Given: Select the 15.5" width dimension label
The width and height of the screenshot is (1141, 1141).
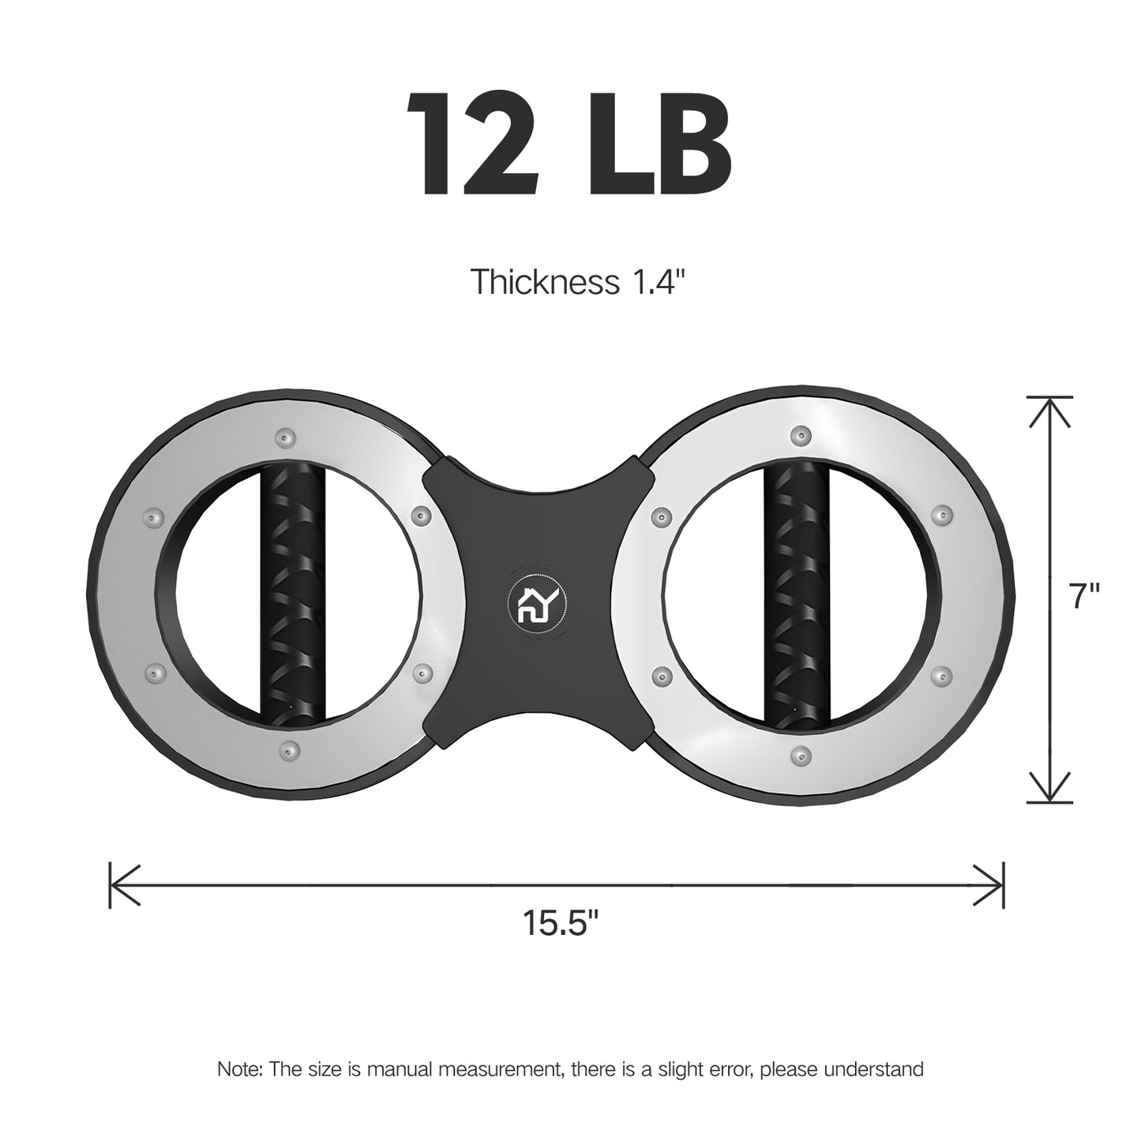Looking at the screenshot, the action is pos(561,923).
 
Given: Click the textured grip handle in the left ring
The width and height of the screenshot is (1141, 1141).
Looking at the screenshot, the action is pos(292,593).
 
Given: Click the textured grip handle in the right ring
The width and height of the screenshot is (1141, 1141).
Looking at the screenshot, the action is pos(797,595).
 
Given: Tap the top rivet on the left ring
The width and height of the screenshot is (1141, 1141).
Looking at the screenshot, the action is pos(287,438).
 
